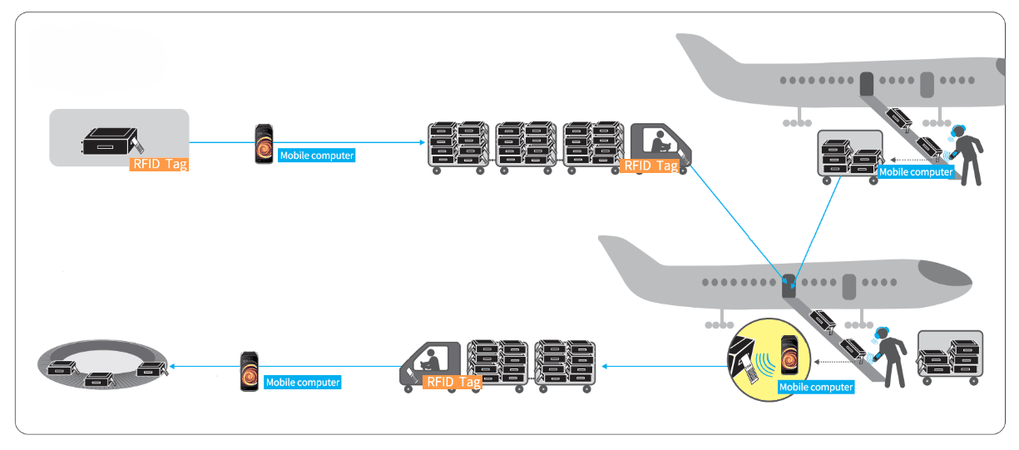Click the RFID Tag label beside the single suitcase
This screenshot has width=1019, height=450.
[161, 164]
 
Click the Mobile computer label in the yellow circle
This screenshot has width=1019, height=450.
[816, 387]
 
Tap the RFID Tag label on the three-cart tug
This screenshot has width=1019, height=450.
[650, 165]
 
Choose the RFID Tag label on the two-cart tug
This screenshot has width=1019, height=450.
[453, 382]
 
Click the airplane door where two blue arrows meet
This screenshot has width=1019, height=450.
[789, 288]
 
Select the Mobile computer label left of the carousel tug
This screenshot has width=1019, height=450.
[303, 382]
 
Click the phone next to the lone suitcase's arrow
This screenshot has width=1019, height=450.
[265, 144]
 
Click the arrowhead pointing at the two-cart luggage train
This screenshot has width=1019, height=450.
[604, 365]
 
